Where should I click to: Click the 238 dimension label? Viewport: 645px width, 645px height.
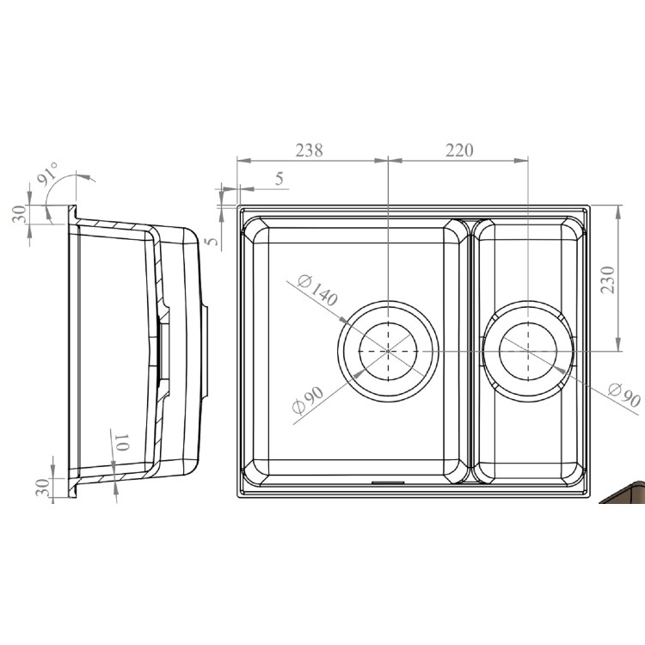pos(309,150)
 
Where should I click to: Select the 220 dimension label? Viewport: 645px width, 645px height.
pos(458,150)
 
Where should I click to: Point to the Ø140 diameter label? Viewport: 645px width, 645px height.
pos(316,292)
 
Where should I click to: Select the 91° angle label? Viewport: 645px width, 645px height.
pos(46,175)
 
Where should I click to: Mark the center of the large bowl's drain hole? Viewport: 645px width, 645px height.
pos(388,351)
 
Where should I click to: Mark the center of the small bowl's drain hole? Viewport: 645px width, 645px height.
pos(526,351)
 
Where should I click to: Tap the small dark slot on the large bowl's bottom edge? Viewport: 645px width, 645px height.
pos(384,482)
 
